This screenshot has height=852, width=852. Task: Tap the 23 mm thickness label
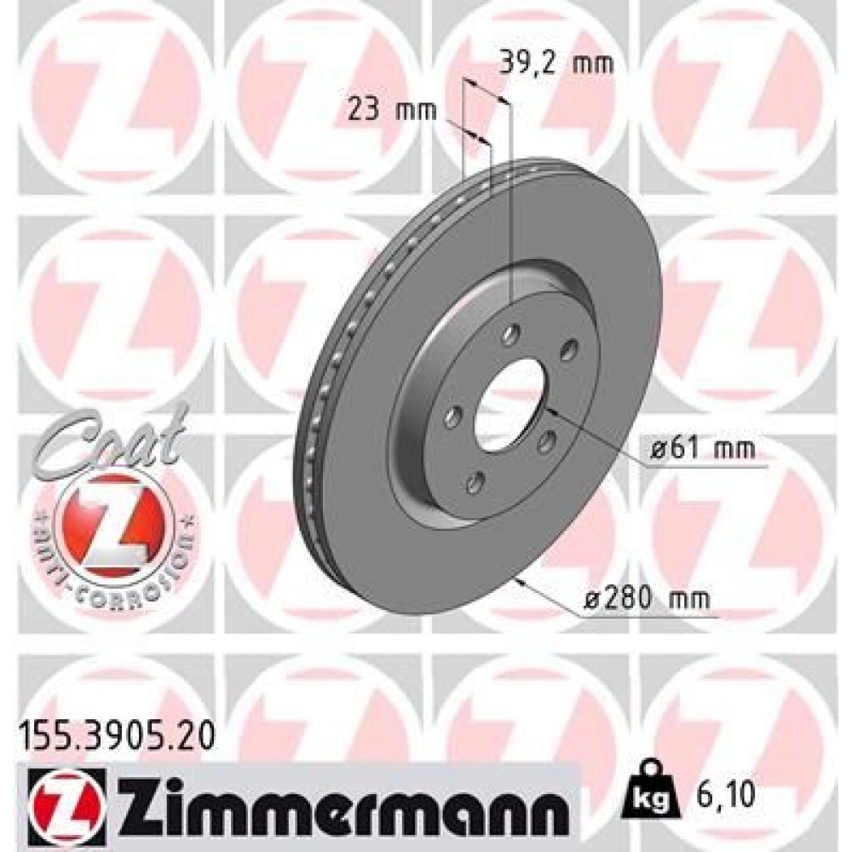[x=391, y=109]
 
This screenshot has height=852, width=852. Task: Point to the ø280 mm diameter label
[x=647, y=598]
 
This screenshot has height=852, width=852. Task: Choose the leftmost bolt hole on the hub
[x=452, y=415]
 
